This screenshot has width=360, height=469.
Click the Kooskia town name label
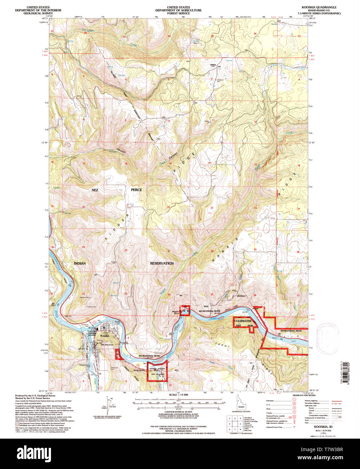coord(105,336)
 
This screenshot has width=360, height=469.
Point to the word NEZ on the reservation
coord(95,190)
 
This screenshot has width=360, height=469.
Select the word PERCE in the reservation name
coord(136,190)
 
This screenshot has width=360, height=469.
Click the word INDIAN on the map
coord(80,263)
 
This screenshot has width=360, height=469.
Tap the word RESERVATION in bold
coord(162,263)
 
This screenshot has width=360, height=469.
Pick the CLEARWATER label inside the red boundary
coord(243,321)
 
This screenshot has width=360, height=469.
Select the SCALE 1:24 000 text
coord(178,394)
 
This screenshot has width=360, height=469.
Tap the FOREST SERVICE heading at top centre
coord(178,13)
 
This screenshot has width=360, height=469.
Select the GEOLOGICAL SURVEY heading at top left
coord(38,13)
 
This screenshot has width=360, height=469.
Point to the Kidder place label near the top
coord(213,64)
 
